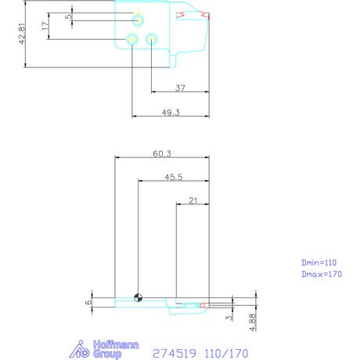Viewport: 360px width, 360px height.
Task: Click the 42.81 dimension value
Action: tap(22, 34)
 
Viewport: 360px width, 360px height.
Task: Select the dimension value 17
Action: tap(45, 26)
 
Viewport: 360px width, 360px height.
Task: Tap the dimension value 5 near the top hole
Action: tap(68, 16)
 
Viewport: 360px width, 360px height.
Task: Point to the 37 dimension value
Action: tap(180, 88)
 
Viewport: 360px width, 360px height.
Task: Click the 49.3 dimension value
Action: tap(171, 113)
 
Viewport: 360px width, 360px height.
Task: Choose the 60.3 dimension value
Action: tap(162, 153)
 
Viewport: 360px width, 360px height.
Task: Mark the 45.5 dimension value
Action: tap(174, 177)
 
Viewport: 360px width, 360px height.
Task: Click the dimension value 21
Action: tap(193, 200)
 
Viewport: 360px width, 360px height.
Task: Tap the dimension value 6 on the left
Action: tap(88, 302)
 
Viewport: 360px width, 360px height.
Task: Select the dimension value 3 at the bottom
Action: tap(229, 318)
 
